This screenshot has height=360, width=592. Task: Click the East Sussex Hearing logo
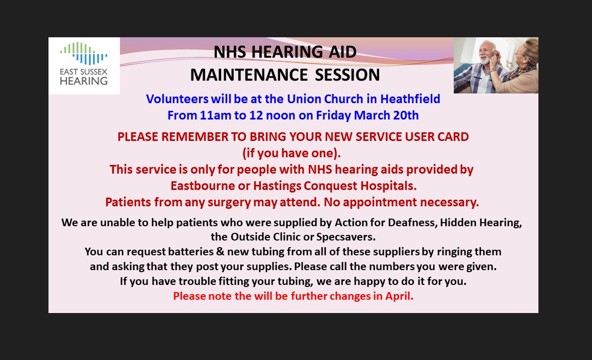pyautogui.click(x=84, y=64)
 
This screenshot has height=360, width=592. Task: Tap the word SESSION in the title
pyautogui.click(x=348, y=75)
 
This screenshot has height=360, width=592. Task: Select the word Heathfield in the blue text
pyautogui.click(x=410, y=99)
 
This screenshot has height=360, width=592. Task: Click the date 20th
pyautogui.click(x=406, y=115)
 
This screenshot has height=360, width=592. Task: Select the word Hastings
pyautogui.click(x=278, y=186)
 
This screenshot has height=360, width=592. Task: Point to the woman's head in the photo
pyautogui.click(x=527, y=51)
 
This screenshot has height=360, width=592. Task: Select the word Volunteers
pyautogui.click(x=177, y=99)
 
